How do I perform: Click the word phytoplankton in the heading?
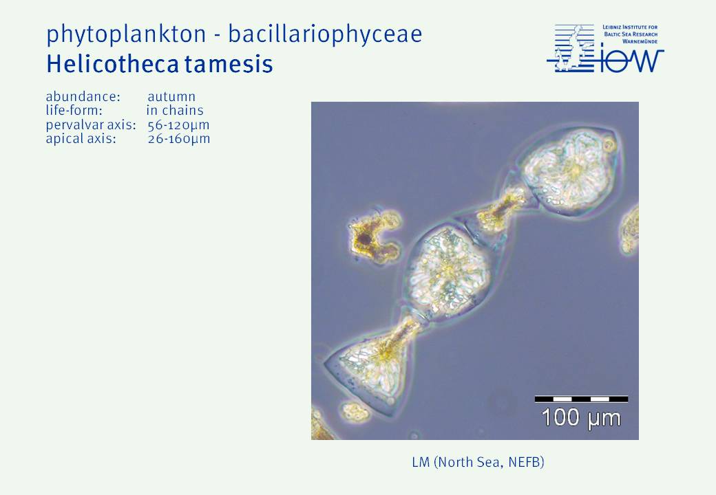tap(126, 34)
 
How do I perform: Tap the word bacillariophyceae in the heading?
tap(325, 34)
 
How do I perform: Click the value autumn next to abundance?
tap(171, 97)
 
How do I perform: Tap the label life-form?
tap(74, 110)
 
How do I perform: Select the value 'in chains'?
tap(175, 110)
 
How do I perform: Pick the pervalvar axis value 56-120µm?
tap(178, 125)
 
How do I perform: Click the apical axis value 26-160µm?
tap(179, 139)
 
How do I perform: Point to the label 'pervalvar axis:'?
tap(91, 125)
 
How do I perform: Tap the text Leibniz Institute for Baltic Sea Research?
tap(630, 34)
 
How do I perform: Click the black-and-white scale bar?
tap(581, 399)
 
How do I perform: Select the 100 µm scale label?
tap(581, 417)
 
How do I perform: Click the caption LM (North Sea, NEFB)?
tap(478, 462)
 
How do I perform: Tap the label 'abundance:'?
tap(83, 97)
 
